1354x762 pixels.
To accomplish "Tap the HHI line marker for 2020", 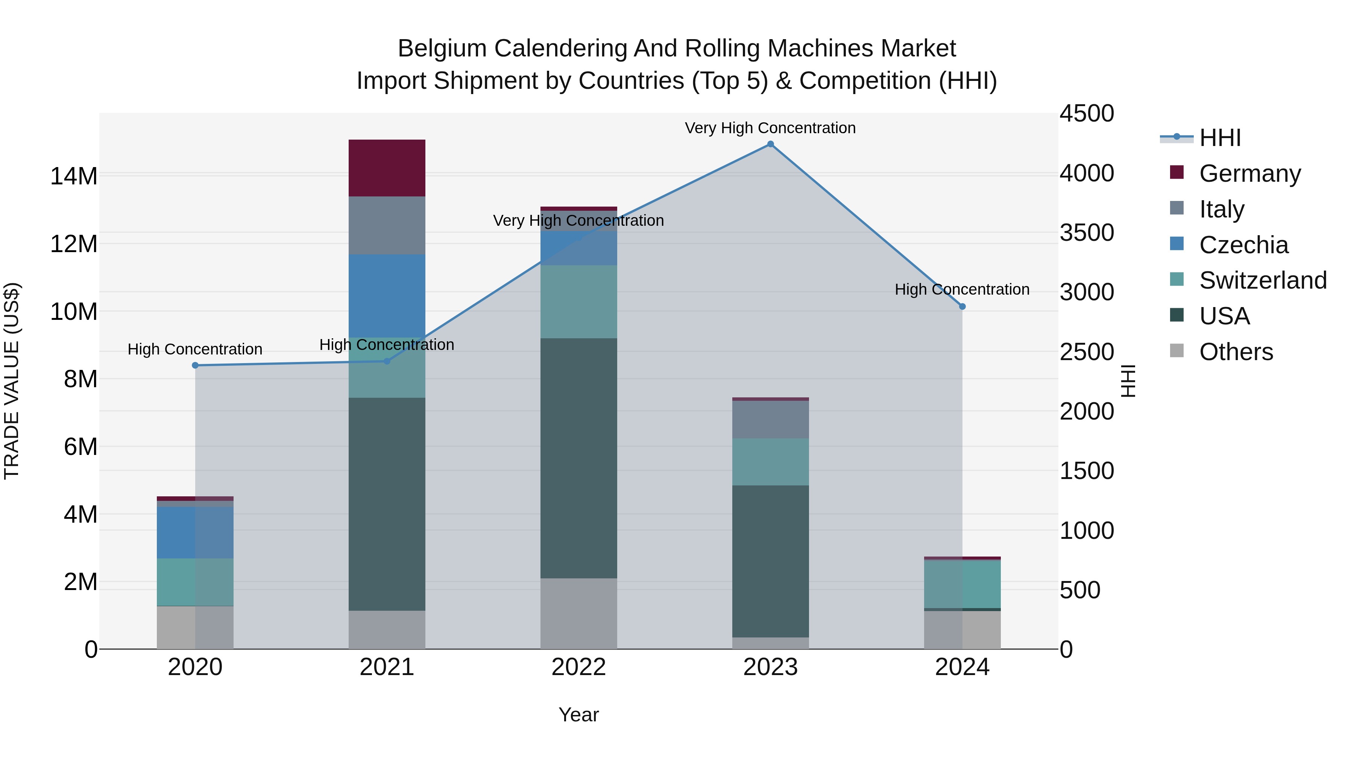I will tap(195, 365).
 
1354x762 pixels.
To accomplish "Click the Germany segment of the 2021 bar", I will tap(387, 168).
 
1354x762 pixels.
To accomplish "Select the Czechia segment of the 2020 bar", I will tap(195, 532).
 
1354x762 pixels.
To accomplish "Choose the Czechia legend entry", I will tap(1243, 245).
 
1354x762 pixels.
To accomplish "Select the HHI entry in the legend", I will tap(1219, 138).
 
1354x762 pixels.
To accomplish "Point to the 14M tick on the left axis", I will tap(74, 176).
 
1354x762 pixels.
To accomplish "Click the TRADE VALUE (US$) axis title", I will tap(12, 381).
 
